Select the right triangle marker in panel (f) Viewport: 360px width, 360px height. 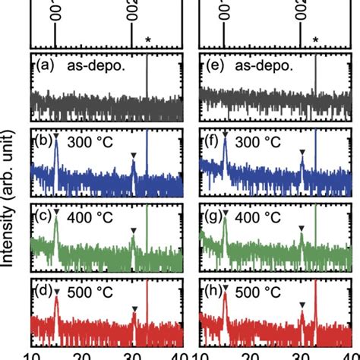coord(302,153)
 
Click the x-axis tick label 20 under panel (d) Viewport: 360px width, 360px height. coord(83,353)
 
